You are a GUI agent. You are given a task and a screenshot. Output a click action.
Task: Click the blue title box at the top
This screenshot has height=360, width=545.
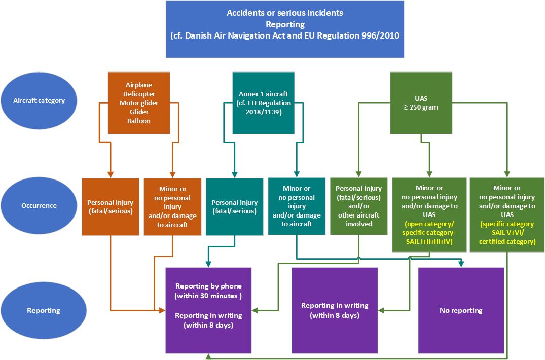285,29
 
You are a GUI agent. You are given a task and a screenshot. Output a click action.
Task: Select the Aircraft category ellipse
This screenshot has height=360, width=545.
39,100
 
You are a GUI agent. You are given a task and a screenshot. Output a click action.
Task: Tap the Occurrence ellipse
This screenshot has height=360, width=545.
39,206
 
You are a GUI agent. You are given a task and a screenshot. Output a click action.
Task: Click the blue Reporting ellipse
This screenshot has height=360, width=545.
44,310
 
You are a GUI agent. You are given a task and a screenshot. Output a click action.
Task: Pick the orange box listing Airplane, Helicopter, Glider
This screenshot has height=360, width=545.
139,103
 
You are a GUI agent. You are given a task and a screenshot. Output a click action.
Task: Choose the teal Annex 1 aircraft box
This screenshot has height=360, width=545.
264,103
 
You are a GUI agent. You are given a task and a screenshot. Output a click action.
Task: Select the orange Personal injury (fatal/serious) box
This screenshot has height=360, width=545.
111,207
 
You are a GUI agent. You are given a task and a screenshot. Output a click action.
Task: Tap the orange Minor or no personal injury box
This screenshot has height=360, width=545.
173,207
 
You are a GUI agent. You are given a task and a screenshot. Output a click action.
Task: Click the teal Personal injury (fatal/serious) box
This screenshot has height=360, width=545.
235,207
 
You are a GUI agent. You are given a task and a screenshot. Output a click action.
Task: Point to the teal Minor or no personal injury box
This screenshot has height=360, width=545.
297,206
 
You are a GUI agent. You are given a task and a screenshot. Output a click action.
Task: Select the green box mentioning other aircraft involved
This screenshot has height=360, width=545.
358,206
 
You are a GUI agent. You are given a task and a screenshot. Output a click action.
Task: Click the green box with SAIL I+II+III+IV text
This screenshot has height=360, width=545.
429,214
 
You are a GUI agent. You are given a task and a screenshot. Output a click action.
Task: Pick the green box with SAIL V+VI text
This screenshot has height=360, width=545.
507,214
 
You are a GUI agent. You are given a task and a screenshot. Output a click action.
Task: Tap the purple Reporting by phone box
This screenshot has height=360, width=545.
208,310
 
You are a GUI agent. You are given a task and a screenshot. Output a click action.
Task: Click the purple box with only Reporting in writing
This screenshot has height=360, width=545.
335,310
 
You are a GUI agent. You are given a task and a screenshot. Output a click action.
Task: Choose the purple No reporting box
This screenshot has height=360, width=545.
461,310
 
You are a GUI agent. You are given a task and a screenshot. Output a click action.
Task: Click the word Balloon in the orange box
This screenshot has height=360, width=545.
139,121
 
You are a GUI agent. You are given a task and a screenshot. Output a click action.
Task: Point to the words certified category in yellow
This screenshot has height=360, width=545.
507,241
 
